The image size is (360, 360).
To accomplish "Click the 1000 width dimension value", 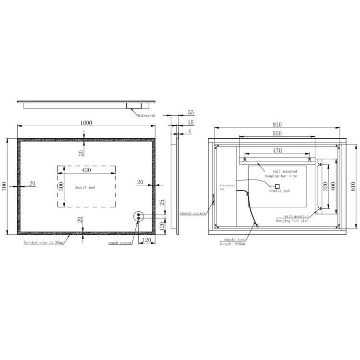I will (x=86, y=123).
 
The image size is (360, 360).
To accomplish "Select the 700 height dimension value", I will (x=4, y=187).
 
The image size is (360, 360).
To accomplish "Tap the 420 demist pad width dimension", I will (x=86, y=170).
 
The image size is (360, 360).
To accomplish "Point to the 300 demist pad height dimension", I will (x=61, y=187).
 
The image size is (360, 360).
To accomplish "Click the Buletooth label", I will (x=146, y=116).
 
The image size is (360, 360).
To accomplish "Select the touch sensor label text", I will (x=120, y=243).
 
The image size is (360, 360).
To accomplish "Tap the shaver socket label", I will (x=192, y=212).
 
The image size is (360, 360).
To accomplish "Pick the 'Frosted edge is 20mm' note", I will (x=43, y=243).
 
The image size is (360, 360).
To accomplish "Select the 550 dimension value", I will (x=277, y=134).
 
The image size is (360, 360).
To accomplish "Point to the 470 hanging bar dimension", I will (x=277, y=151).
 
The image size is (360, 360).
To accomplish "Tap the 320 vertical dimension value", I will (x=326, y=186).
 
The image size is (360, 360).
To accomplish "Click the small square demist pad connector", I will (x=277, y=186).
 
